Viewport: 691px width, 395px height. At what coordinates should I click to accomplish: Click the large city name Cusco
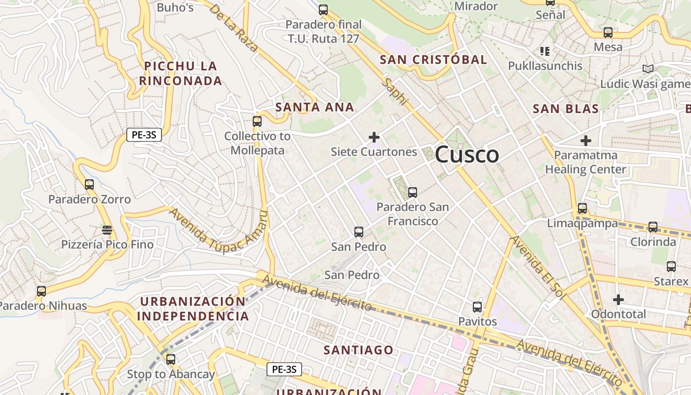point(467,155)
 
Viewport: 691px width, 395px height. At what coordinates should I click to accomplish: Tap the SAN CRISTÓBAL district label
point(433,60)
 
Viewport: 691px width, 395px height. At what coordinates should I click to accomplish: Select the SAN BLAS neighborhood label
point(566,109)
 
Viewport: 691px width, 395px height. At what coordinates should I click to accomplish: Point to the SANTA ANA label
point(315,107)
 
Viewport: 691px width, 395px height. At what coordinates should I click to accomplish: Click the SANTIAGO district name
point(359,350)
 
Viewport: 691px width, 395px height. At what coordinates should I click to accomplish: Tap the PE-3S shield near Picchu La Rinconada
point(144,134)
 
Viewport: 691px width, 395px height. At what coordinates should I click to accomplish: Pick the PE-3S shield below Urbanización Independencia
point(284,369)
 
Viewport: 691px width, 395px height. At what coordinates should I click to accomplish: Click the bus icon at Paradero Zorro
point(89,185)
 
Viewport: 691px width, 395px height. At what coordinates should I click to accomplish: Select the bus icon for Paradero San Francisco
point(413,193)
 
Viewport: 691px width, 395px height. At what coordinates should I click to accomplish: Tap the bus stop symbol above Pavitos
point(477,307)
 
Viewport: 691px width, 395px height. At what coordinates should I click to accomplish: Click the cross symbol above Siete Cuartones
point(374,137)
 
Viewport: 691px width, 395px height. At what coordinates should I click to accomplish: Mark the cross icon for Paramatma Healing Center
point(586,141)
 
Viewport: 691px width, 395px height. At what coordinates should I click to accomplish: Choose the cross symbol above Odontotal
point(618,300)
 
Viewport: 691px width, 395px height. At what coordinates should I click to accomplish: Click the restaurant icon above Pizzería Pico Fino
point(107,230)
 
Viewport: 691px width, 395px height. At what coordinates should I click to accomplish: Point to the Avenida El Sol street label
point(538,267)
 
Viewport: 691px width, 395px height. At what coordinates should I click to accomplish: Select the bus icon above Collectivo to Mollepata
point(257,121)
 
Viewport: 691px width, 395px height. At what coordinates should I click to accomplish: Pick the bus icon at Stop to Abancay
point(171,359)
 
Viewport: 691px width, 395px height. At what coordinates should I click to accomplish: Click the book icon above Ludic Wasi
point(648,69)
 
